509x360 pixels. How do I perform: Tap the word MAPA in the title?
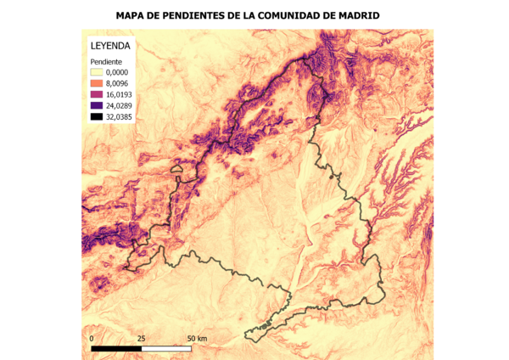pos(134,15)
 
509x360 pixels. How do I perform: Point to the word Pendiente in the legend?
pos(108,63)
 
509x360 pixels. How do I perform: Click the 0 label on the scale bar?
pos(92,338)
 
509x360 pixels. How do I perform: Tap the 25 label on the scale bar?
pos(141,338)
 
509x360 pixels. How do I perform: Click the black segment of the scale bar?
pos(116,348)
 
